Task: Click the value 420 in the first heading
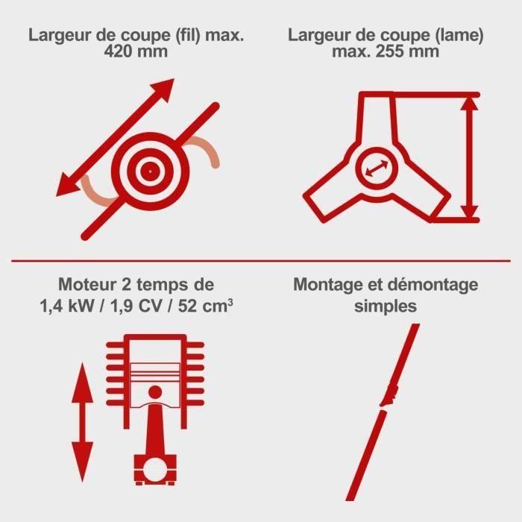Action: point(119,51)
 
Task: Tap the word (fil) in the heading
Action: point(188,35)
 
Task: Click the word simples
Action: point(386,306)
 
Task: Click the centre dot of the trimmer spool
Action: point(151,172)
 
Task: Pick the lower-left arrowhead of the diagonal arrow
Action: point(67,186)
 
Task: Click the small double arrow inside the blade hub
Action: point(377,168)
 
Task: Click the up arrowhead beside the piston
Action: point(83,383)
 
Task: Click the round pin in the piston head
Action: point(155,392)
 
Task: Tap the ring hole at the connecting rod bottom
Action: point(155,470)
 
